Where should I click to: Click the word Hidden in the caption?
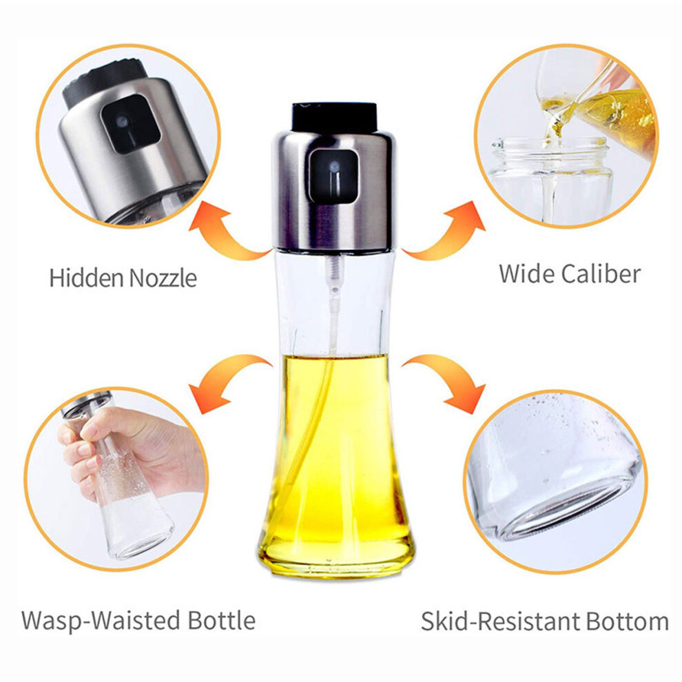tap(86, 278)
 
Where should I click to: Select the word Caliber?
tap(601, 274)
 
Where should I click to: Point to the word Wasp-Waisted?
tap(101, 620)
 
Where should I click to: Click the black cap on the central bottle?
tap(334, 117)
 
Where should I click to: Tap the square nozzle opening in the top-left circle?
tap(130, 123)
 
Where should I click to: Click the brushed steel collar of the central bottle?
tap(333, 191)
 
